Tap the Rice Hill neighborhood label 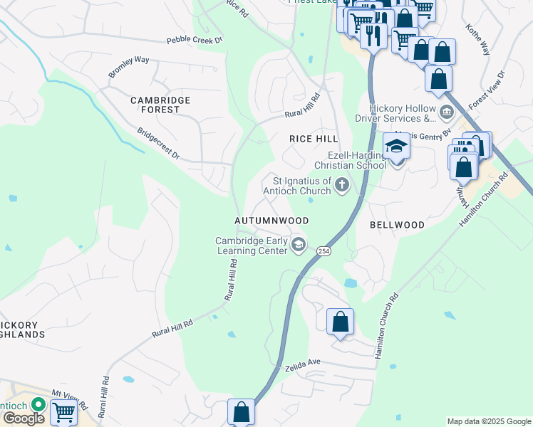[313, 139]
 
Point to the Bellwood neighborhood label [397, 225]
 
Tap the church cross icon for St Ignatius [343, 186]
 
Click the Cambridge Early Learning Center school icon [299, 246]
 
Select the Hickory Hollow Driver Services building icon [446, 112]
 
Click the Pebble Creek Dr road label [195, 41]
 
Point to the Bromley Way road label [129, 67]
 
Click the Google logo [23, 418]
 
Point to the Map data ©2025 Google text [489, 421]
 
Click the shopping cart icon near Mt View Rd [63, 411]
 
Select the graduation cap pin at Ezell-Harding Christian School [397, 147]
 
